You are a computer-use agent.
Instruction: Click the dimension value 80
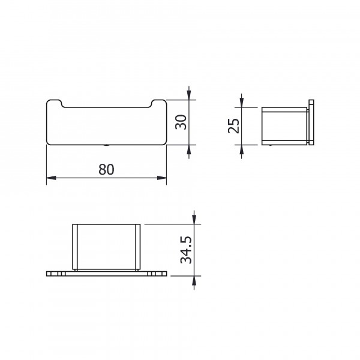(106, 170)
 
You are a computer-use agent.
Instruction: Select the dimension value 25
(235, 125)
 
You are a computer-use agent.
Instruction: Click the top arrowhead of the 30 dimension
(190, 96)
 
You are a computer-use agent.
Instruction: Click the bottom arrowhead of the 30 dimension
(190, 148)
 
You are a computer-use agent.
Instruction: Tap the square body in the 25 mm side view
(284, 126)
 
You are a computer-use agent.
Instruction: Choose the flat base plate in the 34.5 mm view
(106, 274)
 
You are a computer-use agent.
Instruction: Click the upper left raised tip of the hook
(55, 101)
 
